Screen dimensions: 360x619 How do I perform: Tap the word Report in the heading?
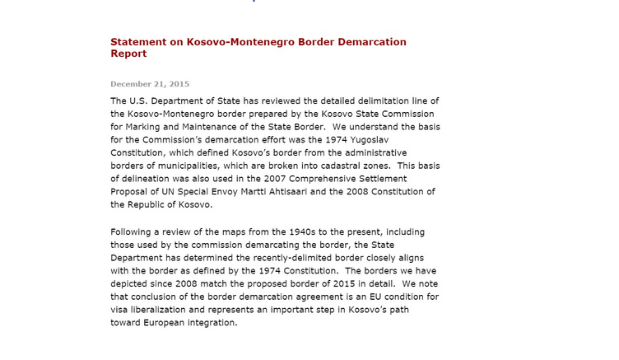(128, 54)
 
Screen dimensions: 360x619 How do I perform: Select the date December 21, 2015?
(150, 84)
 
